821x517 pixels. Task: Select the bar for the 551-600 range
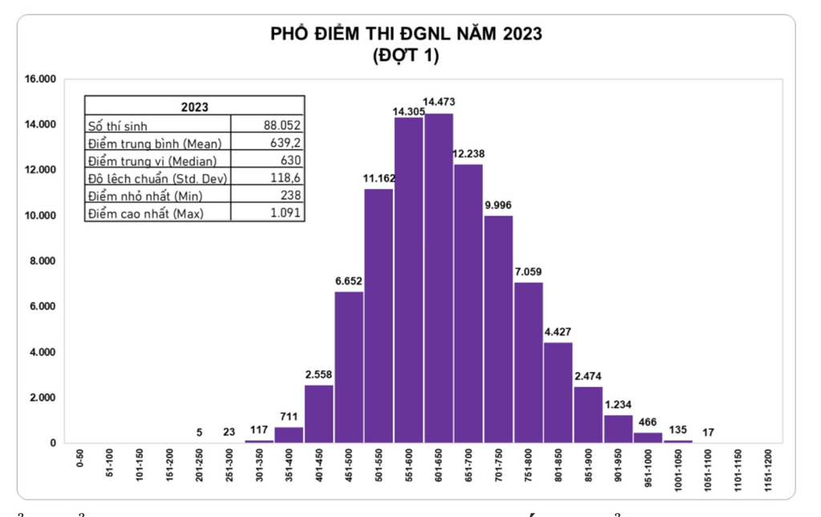click(x=409, y=280)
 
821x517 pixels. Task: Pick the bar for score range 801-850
click(x=558, y=392)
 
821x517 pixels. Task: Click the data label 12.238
click(x=468, y=153)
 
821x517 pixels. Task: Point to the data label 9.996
click(x=498, y=205)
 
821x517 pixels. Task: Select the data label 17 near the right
click(x=708, y=433)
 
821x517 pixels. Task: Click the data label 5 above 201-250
click(x=199, y=433)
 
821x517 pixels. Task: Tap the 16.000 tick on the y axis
click(x=39, y=79)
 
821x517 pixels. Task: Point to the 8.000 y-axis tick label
click(x=42, y=261)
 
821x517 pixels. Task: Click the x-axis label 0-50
click(x=79, y=459)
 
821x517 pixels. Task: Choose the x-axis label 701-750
click(x=498, y=466)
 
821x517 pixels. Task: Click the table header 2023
click(x=194, y=107)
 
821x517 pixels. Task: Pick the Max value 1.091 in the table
click(x=285, y=212)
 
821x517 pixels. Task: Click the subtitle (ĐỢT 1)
click(x=406, y=56)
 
